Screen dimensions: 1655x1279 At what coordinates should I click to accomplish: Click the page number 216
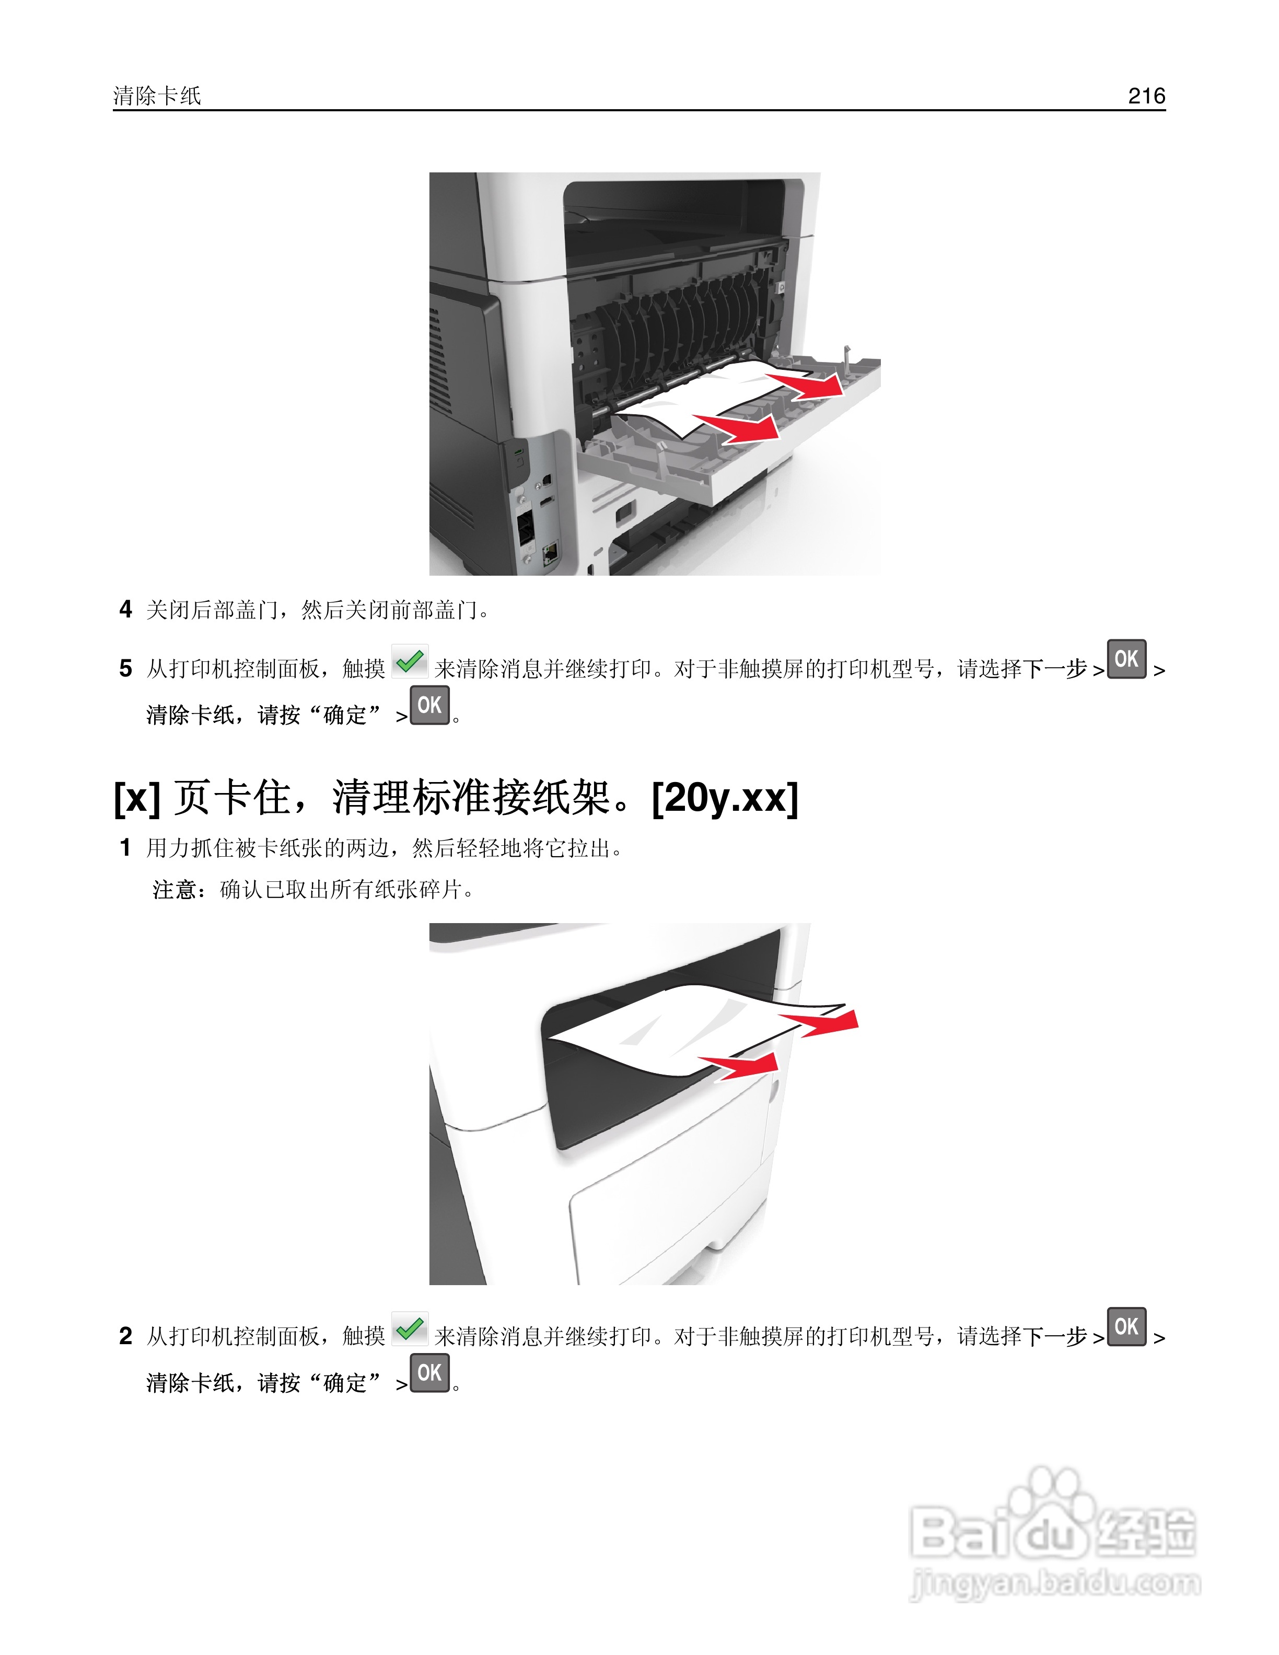point(1146,96)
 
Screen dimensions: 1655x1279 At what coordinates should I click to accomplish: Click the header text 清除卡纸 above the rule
point(157,96)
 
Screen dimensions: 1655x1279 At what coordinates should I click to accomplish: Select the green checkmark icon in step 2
point(410,1329)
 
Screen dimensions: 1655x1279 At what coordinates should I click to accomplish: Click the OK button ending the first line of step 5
point(1126,659)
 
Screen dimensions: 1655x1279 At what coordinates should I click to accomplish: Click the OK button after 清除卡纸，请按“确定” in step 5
point(429,705)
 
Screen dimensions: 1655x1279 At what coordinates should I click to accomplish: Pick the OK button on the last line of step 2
point(429,1372)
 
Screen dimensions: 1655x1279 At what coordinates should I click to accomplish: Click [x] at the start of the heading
point(136,798)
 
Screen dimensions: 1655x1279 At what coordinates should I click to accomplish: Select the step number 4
point(126,609)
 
